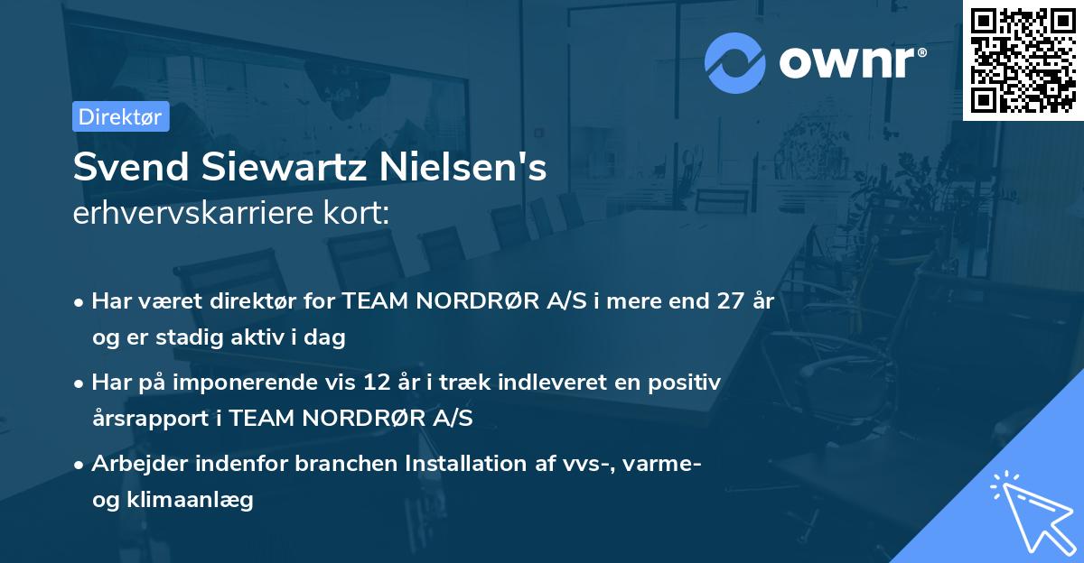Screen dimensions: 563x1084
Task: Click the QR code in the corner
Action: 1023,60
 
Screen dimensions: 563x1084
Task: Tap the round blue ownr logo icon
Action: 734,63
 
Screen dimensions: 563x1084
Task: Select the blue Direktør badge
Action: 121,116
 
